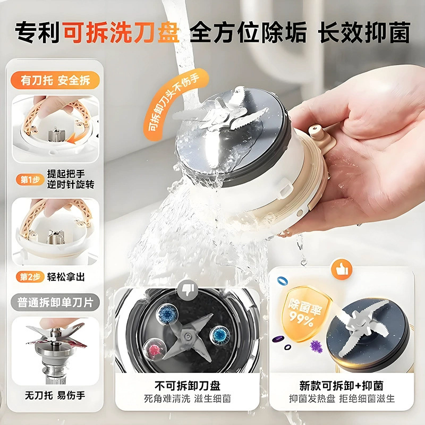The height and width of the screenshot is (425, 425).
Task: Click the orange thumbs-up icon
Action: click(x=341, y=269)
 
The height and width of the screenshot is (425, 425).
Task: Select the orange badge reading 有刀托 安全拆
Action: click(x=55, y=81)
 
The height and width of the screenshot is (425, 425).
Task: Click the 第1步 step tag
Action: click(x=30, y=180)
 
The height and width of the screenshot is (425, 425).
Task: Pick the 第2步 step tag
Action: click(x=30, y=277)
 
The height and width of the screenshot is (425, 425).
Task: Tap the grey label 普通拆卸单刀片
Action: click(x=55, y=302)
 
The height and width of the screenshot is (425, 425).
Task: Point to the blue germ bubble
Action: click(x=167, y=314)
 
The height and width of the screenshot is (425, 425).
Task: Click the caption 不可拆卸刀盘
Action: click(x=188, y=386)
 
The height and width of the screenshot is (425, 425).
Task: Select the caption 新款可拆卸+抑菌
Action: click(x=342, y=386)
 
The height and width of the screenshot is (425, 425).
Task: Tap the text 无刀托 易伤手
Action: click(x=55, y=395)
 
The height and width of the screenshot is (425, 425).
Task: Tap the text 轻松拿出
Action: click(x=66, y=277)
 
